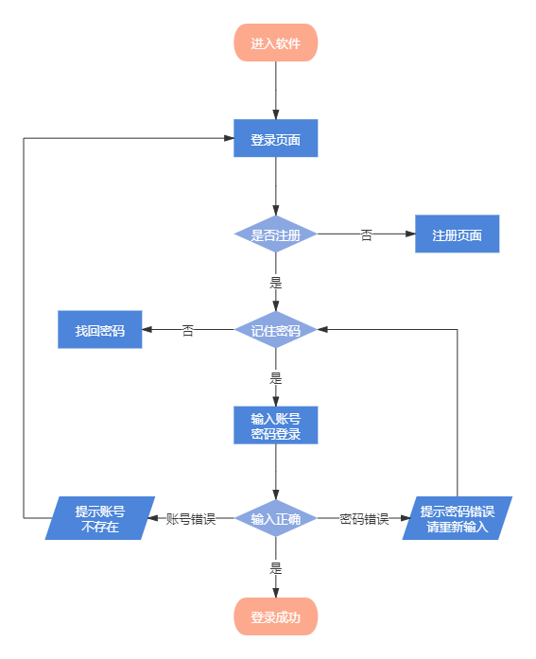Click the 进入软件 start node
(276, 43)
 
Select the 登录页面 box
(276, 139)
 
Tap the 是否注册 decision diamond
(276, 234)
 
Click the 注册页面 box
(457, 234)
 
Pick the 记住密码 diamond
(276, 330)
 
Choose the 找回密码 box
(100, 330)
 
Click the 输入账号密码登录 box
(276, 425)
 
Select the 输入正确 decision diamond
(276, 518)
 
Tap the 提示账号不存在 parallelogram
(100, 518)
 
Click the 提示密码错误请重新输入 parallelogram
(457, 518)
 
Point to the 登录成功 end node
(276, 616)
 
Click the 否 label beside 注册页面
(367, 234)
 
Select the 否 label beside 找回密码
(188, 330)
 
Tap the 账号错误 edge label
(192, 518)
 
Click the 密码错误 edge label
(364, 518)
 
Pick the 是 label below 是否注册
(276, 281)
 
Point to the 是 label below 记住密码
(276, 378)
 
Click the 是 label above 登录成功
(276, 568)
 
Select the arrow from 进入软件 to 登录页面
(276, 91)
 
